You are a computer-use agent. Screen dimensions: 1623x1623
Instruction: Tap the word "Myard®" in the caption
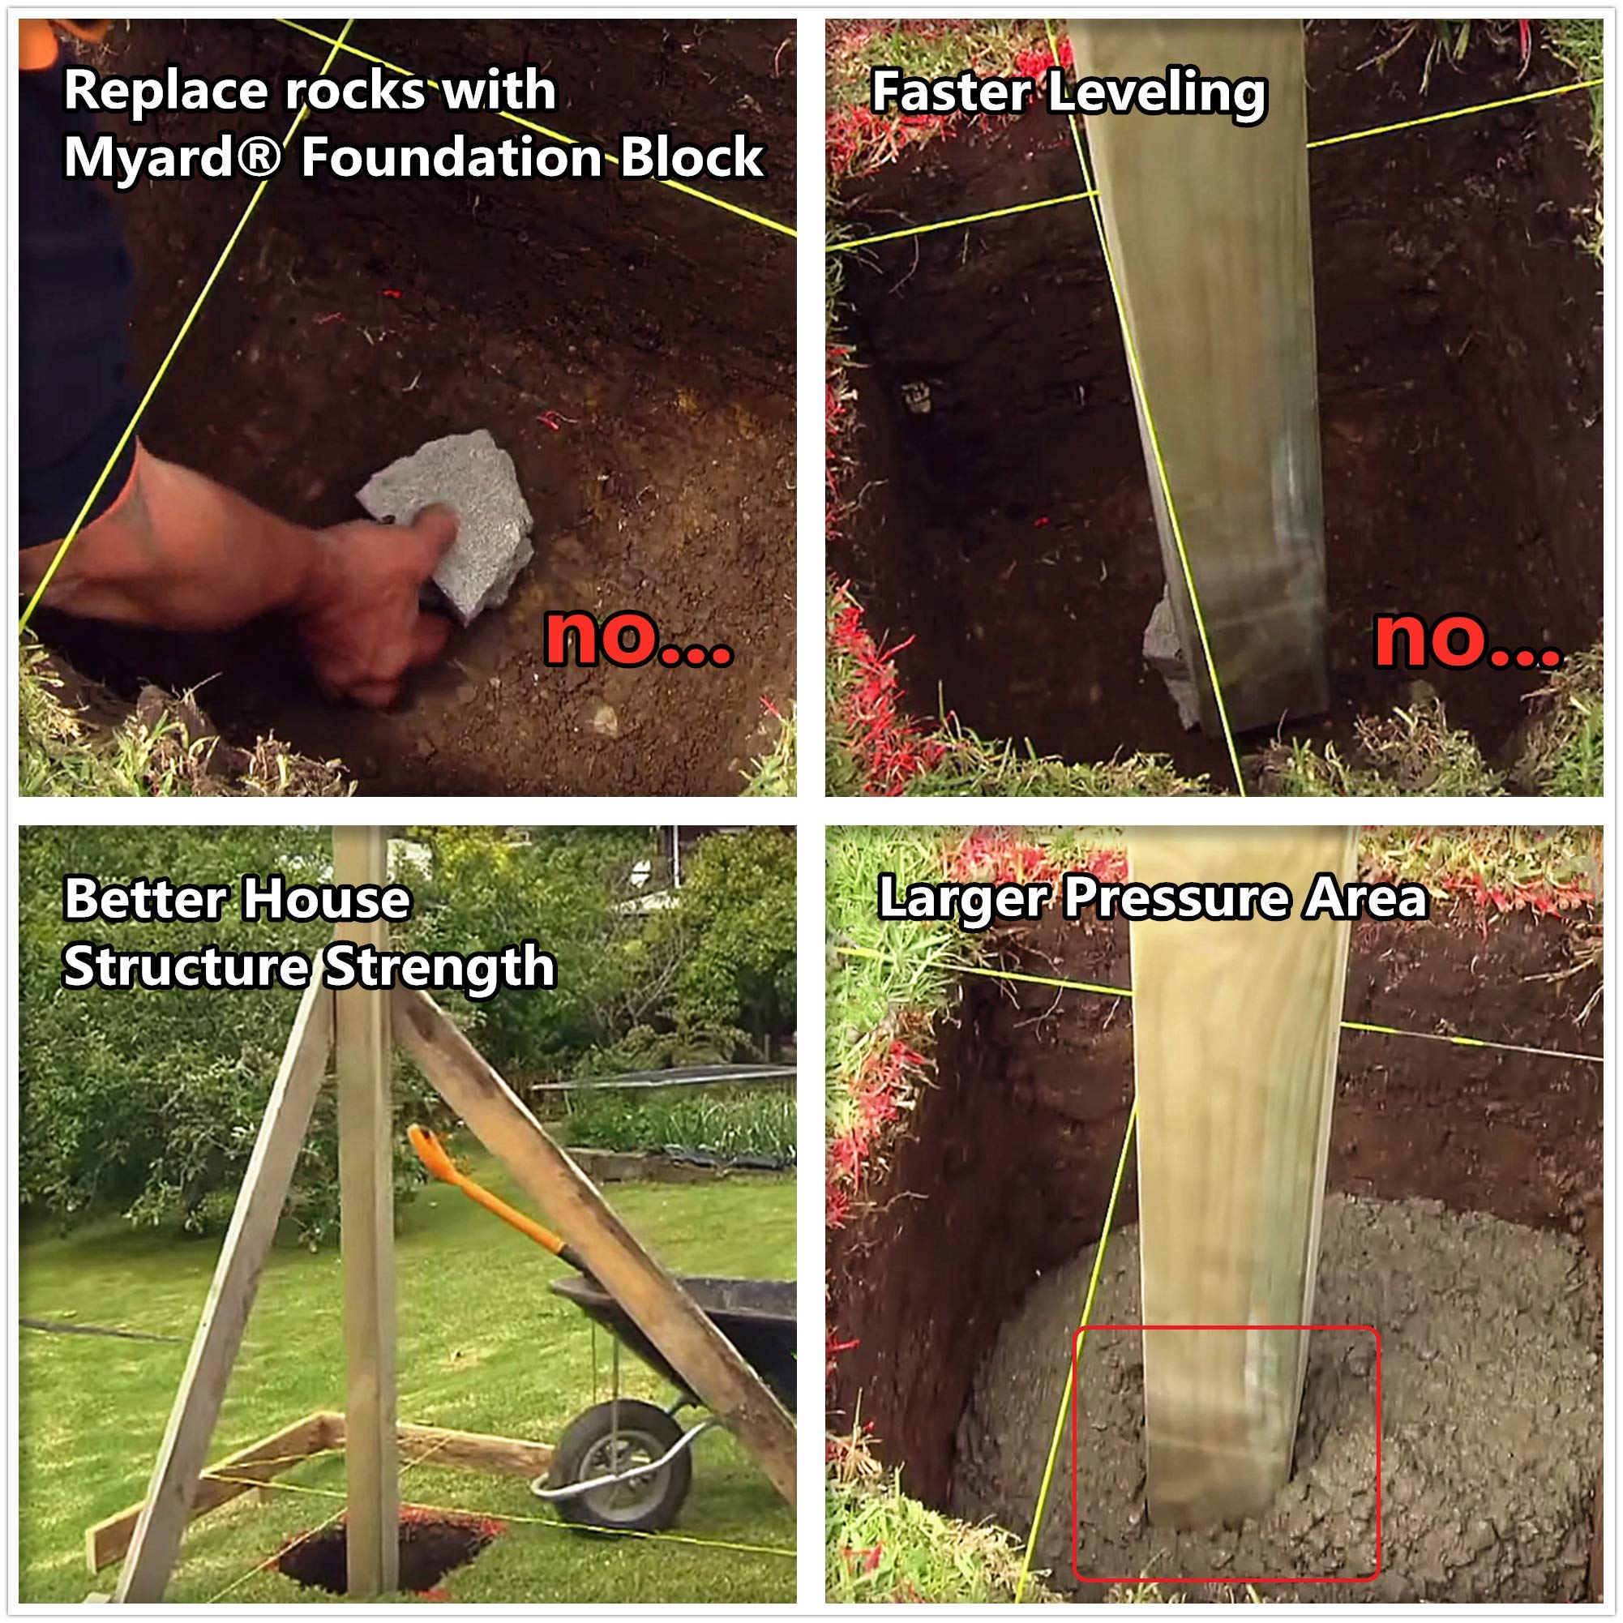pyautogui.click(x=172, y=157)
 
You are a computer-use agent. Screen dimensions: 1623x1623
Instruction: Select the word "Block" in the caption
pyautogui.click(x=692, y=157)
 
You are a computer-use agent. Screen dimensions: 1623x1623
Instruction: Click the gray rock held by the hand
pyautogui.click(x=447, y=525)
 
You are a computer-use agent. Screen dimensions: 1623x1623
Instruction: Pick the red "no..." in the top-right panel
pyautogui.click(x=1467, y=640)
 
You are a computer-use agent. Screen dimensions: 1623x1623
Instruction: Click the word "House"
pyautogui.click(x=326, y=899)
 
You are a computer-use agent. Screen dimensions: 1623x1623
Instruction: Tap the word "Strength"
pyautogui.click(x=439, y=968)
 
